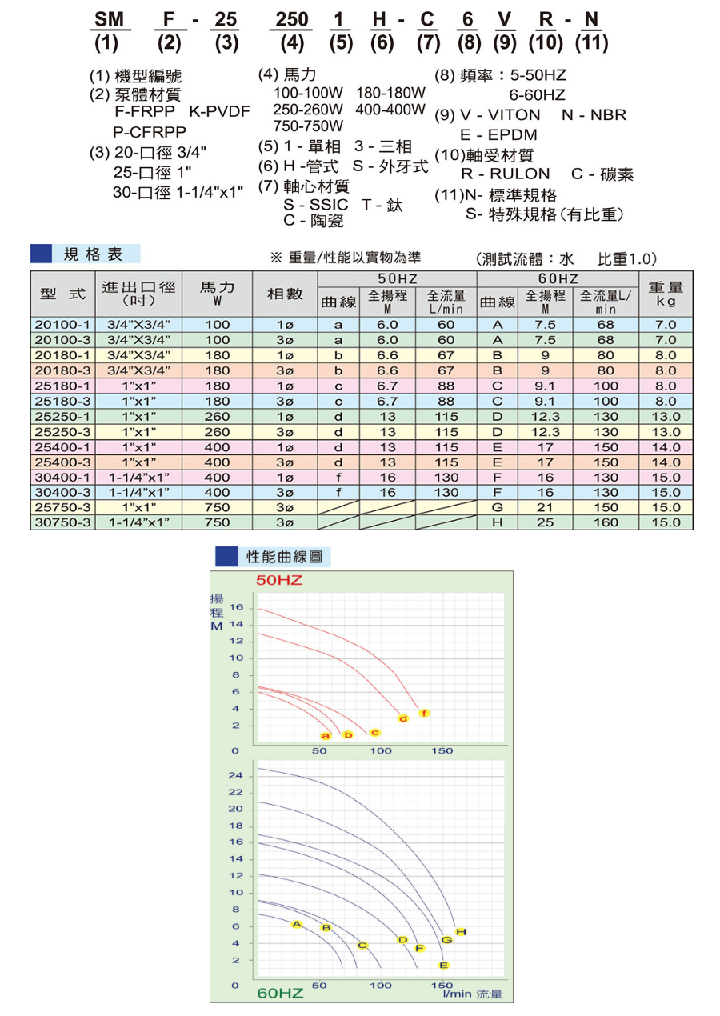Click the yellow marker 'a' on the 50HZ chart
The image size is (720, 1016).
[x=326, y=735]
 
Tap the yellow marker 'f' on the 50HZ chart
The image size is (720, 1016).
[x=424, y=713]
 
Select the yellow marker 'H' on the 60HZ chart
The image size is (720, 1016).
[x=460, y=932]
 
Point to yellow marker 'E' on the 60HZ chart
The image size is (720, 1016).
[x=444, y=965]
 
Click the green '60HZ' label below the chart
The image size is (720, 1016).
[x=280, y=994]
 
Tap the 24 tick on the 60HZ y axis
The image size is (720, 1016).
[x=235, y=776]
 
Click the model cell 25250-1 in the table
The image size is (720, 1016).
[x=64, y=416]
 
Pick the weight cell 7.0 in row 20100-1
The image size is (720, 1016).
[x=666, y=325]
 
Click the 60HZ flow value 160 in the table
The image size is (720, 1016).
[x=606, y=522]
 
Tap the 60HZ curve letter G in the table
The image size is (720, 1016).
[x=497, y=507]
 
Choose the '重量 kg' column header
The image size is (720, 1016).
[x=666, y=294]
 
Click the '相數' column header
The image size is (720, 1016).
[x=284, y=294]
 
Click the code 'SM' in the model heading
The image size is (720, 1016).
[x=106, y=20]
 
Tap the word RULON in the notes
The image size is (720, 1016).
[x=506, y=174]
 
